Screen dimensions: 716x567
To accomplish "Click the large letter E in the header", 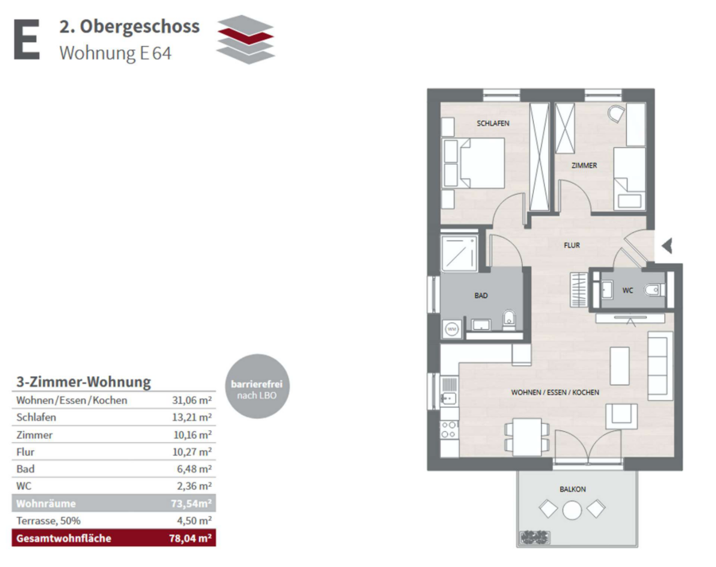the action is coord(26,39).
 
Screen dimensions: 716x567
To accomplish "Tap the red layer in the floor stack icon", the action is coord(246,35).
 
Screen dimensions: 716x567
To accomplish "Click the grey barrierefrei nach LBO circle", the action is coord(257,386).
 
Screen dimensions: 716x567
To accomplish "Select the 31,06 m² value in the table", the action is coord(192,400).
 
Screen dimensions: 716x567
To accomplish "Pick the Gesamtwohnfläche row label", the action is coord(64,538).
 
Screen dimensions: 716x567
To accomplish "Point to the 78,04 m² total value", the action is coord(190,538).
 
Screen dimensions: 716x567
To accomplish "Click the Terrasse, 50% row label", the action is coord(49,521).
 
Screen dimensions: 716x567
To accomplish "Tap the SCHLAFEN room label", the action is coord(492,123).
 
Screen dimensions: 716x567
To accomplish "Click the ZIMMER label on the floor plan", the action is coord(584,165).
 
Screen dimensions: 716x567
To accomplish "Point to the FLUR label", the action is coord(572,246).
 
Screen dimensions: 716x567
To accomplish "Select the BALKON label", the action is coord(573,489).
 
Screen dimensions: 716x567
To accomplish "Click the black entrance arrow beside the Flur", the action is coord(667,246).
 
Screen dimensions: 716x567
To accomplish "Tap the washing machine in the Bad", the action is coord(452,328).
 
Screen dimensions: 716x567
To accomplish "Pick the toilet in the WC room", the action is coord(654,289).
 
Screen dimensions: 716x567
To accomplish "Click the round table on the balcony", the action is coord(572,510).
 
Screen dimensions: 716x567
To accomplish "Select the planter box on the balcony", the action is coord(535,538).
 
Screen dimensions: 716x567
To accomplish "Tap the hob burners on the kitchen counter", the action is coord(449,430).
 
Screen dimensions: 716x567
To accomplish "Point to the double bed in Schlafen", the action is coord(476,164).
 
